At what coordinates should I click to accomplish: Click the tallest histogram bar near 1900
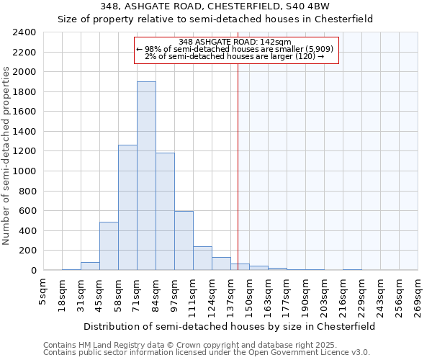(146, 176)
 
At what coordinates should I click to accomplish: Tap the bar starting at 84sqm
(165, 212)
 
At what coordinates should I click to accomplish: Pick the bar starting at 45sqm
(109, 246)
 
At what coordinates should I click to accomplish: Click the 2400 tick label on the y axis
(24, 33)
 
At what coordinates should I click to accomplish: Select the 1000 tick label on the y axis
(24, 171)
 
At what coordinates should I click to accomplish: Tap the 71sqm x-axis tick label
(138, 295)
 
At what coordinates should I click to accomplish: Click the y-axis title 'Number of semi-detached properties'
(7, 156)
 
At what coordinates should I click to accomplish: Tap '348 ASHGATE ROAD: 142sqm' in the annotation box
(235, 42)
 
